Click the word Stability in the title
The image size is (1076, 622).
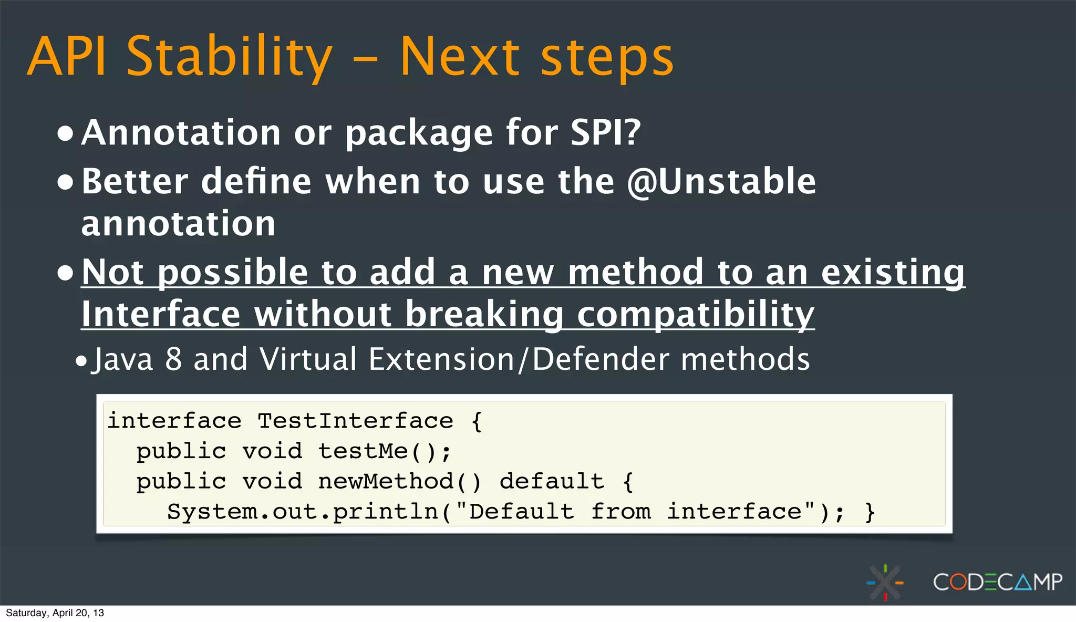230,57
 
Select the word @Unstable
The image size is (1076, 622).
721,182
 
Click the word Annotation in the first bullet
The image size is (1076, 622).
181,132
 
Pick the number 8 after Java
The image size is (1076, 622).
173,359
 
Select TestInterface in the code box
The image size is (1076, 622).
355,421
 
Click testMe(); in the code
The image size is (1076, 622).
385,451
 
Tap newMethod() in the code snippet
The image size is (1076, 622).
399,481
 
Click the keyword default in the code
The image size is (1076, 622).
551,481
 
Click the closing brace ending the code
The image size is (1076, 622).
870,512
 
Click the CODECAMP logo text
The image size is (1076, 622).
997,582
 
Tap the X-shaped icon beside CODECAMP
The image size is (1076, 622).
885,582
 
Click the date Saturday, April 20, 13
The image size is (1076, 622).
55,613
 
